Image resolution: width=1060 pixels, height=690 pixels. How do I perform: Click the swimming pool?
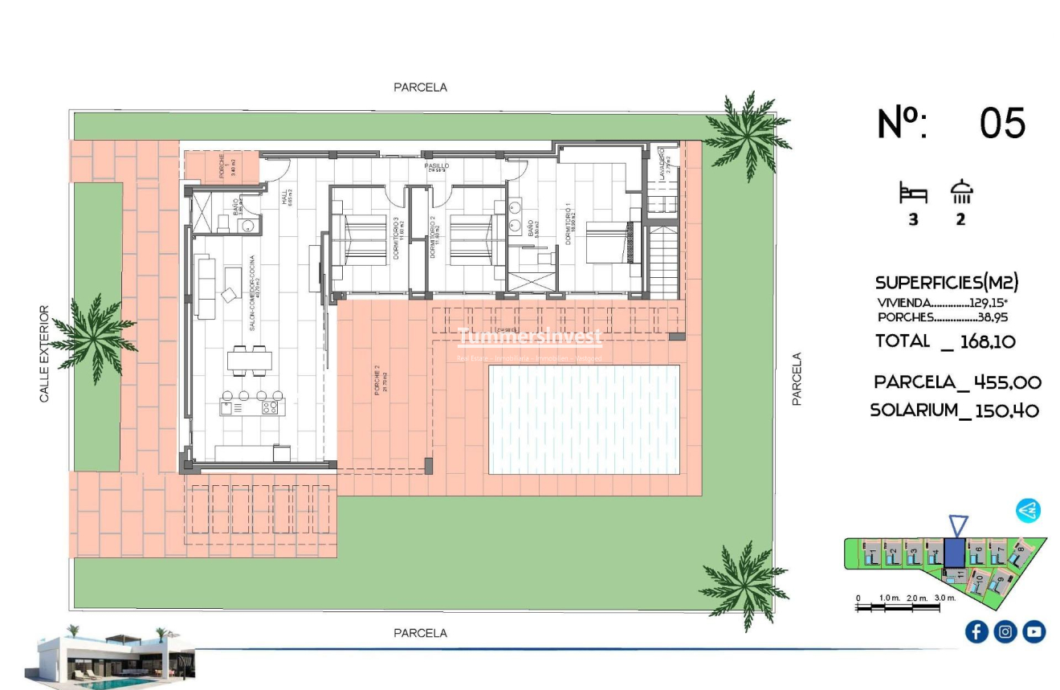click(x=585, y=419)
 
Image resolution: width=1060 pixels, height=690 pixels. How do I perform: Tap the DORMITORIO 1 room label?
click(x=569, y=224)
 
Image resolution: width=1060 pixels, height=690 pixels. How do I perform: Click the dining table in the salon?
click(x=248, y=361)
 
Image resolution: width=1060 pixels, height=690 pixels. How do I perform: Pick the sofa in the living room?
click(x=206, y=287)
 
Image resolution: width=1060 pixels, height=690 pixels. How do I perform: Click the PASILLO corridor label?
click(x=437, y=166)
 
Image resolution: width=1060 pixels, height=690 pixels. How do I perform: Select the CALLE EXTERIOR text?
click(x=45, y=353)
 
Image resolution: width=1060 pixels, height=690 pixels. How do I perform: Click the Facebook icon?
click(x=976, y=632)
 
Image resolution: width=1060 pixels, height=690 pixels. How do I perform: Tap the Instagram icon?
click(x=1005, y=632)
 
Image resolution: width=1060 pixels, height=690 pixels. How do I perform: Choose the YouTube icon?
click(x=1034, y=632)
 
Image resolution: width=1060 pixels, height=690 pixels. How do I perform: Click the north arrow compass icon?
click(x=1028, y=510)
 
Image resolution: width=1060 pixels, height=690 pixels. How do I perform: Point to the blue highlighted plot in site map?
click(x=955, y=553)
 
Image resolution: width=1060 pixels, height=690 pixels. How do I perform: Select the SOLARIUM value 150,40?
click(x=1007, y=410)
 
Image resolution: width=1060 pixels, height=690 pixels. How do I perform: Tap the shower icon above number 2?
click(x=961, y=193)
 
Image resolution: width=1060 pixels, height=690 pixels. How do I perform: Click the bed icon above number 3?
click(x=913, y=194)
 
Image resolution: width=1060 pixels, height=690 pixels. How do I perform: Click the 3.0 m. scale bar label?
click(x=944, y=598)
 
